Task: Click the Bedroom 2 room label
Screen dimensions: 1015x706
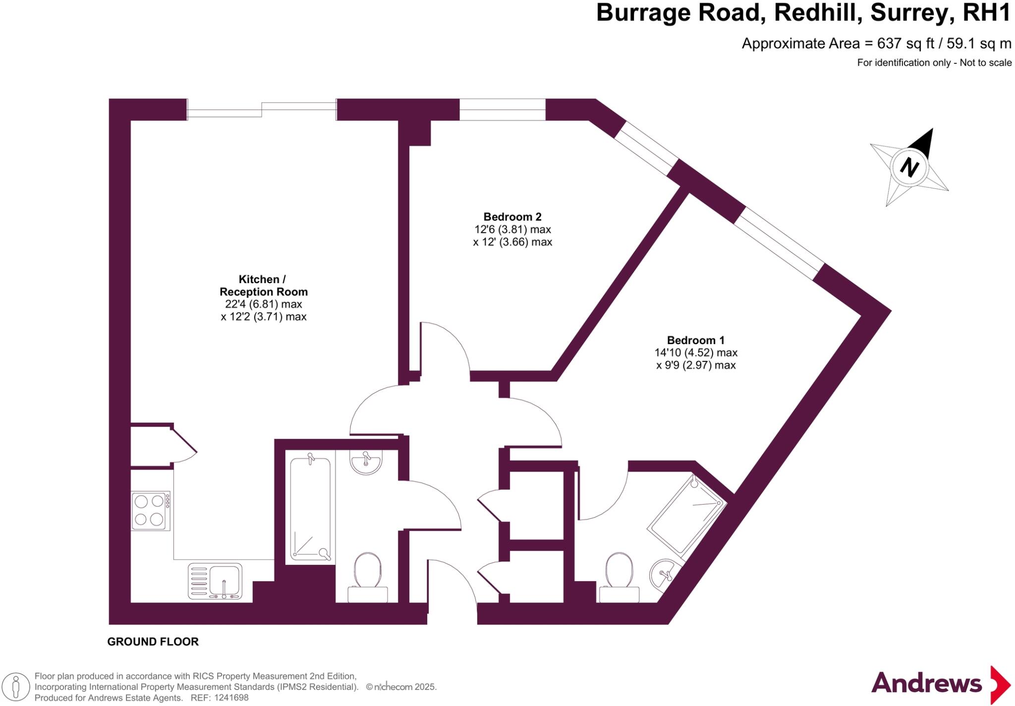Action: (x=512, y=217)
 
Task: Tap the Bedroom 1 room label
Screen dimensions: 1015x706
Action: (x=695, y=340)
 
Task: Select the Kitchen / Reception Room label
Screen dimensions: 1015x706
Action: (x=263, y=286)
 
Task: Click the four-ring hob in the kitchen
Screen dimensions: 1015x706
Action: (x=150, y=510)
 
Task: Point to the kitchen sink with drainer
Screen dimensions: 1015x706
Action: (x=215, y=581)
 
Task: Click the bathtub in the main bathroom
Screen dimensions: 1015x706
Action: (x=310, y=509)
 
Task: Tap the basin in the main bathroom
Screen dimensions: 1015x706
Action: (x=366, y=462)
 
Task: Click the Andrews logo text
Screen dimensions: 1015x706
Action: (x=926, y=684)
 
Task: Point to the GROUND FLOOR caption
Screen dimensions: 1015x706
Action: (x=153, y=642)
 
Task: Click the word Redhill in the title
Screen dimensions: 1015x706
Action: (x=816, y=13)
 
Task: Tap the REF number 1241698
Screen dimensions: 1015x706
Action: (x=230, y=698)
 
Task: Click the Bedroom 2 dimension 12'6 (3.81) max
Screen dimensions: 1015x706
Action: (x=512, y=230)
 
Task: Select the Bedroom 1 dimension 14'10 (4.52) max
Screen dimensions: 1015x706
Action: (x=695, y=353)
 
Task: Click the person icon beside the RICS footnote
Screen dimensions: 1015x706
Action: (x=16, y=687)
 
